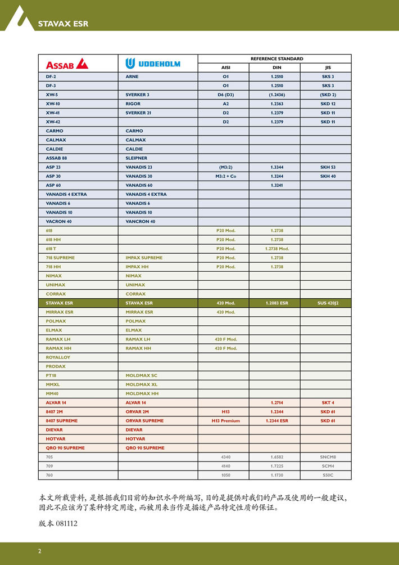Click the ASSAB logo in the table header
coord(67,64)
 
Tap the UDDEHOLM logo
coord(153,64)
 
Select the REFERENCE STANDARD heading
coord(276,59)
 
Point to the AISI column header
coord(226,68)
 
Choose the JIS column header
coord(328,68)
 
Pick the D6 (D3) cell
coord(226,95)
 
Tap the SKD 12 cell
coord(328,104)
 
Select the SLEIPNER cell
coord(137,158)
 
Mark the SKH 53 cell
coord(328,167)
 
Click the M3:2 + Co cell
coord(226,176)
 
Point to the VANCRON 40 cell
coord(140,222)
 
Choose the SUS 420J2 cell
coord(328,303)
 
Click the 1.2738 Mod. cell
coord(276,249)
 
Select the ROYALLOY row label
coord(58,357)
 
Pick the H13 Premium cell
coord(226,421)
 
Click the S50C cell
coord(328,475)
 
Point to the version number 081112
coord(66,524)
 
